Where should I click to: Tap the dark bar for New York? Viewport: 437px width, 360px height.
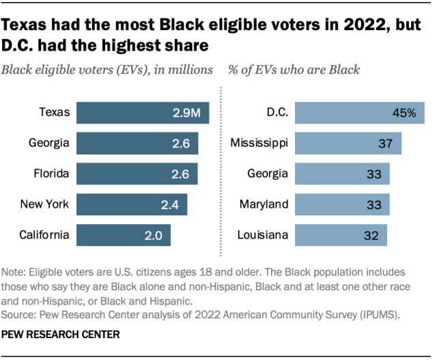[x=132, y=204]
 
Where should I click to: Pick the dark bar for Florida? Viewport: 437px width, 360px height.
[x=137, y=174]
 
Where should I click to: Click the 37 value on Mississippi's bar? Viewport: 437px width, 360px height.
[x=386, y=143]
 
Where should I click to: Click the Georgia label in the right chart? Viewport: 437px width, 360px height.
[x=267, y=174]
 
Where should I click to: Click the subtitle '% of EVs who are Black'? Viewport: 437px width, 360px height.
[x=294, y=70]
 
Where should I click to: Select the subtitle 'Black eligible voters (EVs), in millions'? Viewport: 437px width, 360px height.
[x=109, y=70]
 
